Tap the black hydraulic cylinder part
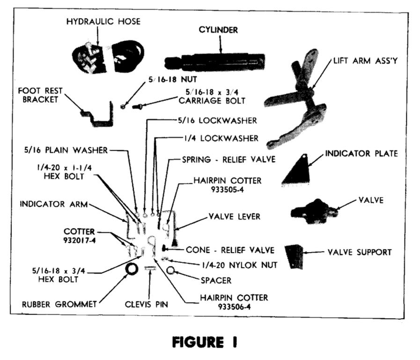[215, 62]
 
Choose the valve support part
[294, 255]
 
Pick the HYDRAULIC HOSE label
[103, 22]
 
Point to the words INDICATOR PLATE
[361, 153]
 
